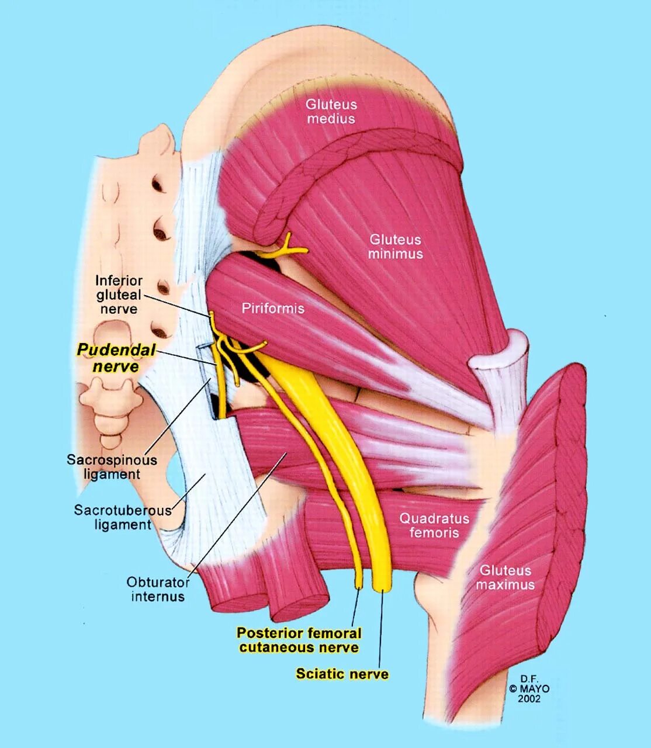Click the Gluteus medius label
[x=331, y=112]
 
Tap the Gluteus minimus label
[x=395, y=247]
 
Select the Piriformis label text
[x=273, y=308]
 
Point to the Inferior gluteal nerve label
[x=119, y=295]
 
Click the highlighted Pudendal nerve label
[x=116, y=358]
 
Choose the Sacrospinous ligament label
[x=112, y=467]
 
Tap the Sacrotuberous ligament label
[x=123, y=517]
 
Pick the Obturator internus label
[x=158, y=589]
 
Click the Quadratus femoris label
[x=434, y=525]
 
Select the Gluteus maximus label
[x=505, y=577]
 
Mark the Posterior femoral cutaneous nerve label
[x=299, y=640]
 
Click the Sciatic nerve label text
[x=342, y=674]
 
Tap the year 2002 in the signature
[x=529, y=698]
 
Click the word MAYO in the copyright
[x=534, y=688]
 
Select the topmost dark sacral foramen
[x=158, y=185]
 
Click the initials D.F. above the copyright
[x=529, y=678]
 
